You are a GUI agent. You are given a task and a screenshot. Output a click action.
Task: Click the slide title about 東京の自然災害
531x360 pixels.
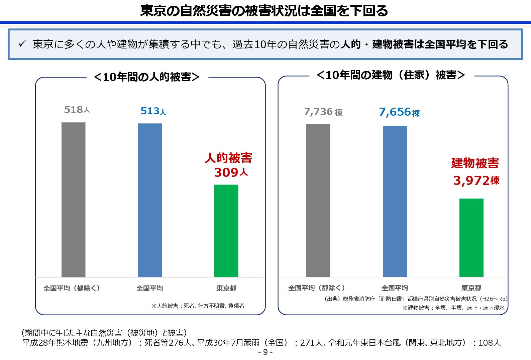click(x=264, y=11)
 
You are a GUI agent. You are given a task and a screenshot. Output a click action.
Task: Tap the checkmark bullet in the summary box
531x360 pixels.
click(x=22, y=43)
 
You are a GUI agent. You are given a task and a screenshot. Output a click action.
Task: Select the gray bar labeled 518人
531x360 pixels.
click(x=74, y=200)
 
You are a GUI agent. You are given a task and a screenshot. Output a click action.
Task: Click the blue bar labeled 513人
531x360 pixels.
click(x=150, y=200)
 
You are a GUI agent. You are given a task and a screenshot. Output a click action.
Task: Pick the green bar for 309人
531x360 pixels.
click(x=226, y=231)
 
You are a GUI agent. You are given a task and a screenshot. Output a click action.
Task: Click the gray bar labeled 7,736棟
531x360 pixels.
click(x=318, y=201)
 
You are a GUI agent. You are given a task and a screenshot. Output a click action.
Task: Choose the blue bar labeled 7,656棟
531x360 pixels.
click(x=395, y=201)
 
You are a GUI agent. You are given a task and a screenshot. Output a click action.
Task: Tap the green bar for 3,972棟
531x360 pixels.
click(x=471, y=238)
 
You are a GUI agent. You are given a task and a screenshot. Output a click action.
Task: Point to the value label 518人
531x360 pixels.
click(x=77, y=110)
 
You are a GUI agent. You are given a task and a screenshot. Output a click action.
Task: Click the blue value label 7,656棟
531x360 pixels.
click(x=399, y=112)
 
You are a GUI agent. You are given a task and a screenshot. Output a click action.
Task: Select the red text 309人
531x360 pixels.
click(x=231, y=172)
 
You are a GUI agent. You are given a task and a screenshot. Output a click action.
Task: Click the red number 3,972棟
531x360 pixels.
click(x=476, y=181)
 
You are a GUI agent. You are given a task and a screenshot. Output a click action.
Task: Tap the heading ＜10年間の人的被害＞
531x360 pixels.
click(x=147, y=77)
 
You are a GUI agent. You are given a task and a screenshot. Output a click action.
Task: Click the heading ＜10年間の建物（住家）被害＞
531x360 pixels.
click(x=391, y=75)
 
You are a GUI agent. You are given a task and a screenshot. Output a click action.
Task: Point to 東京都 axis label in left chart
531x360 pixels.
click(x=226, y=288)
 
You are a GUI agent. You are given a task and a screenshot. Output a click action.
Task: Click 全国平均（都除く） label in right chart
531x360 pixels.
click(x=316, y=288)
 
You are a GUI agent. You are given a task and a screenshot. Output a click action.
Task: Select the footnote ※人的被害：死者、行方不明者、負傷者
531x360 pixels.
click(x=198, y=306)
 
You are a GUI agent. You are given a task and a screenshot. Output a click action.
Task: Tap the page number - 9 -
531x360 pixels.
click(x=265, y=352)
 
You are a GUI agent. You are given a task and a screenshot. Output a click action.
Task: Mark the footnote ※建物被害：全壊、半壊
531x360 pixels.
click(x=453, y=308)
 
